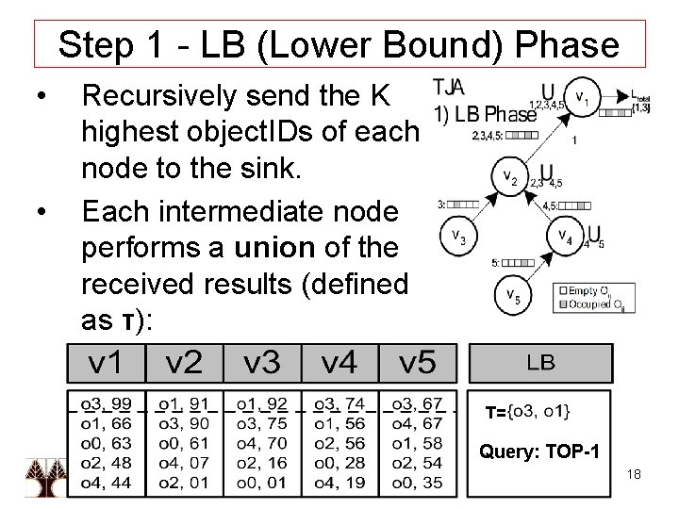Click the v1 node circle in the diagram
(x=584, y=96)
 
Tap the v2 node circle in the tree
(x=509, y=175)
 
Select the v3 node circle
(x=456, y=236)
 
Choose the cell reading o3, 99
(x=106, y=403)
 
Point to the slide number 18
(x=633, y=474)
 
